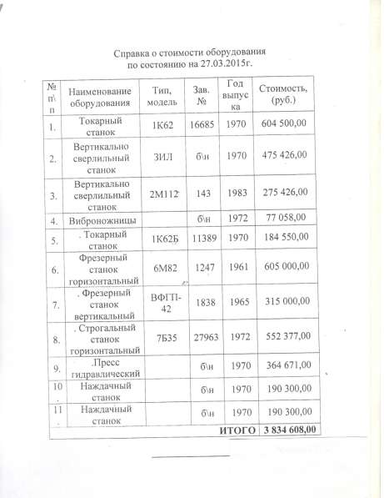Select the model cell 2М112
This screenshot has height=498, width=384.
[x=162, y=194]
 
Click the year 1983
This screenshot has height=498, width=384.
[x=237, y=193]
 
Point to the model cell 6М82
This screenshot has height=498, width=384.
[x=162, y=270]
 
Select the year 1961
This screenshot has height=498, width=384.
[x=237, y=269]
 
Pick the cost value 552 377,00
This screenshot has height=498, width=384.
[x=285, y=336]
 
